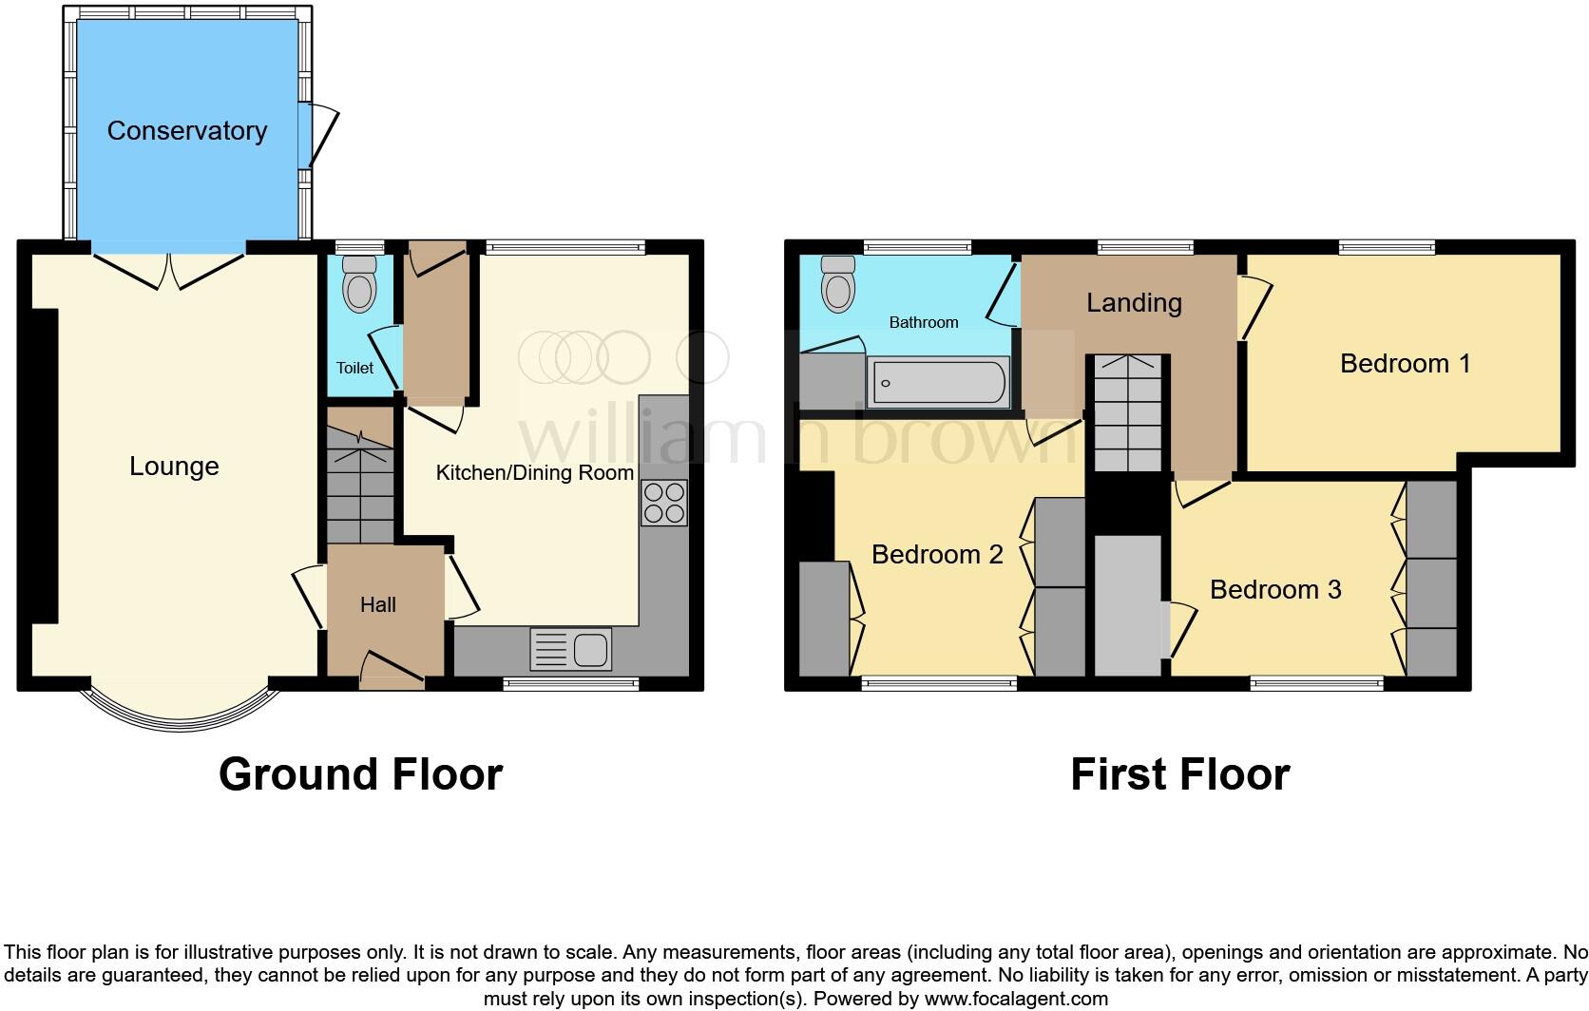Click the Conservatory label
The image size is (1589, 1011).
pyautogui.click(x=186, y=131)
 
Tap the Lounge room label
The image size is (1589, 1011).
pyautogui.click(x=174, y=467)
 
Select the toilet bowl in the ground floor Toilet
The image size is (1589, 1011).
pyautogui.click(x=358, y=284)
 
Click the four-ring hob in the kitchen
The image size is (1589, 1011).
pyautogui.click(x=664, y=503)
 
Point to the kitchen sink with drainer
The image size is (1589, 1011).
pyautogui.click(x=570, y=651)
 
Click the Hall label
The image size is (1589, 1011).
pyautogui.click(x=377, y=605)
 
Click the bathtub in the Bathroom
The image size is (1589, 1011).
pyautogui.click(x=937, y=383)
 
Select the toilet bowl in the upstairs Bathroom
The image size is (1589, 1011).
pyautogui.click(x=837, y=284)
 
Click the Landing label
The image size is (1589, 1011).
pyautogui.click(x=1134, y=303)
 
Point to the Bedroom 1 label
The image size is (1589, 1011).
pyautogui.click(x=1405, y=364)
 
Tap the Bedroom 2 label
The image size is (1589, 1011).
pyautogui.click(x=937, y=555)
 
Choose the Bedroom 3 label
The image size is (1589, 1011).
pyautogui.click(x=1274, y=590)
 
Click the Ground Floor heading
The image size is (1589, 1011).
pyautogui.click(x=360, y=774)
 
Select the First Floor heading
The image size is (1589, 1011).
pyautogui.click(x=1179, y=774)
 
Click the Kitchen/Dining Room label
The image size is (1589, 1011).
pyautogui.click(x=534, y=473)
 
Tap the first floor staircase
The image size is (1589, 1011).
pyautogui.click(x=1127, y=413)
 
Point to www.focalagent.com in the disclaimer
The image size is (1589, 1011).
pyautogui.click(x=1016, y=999)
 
